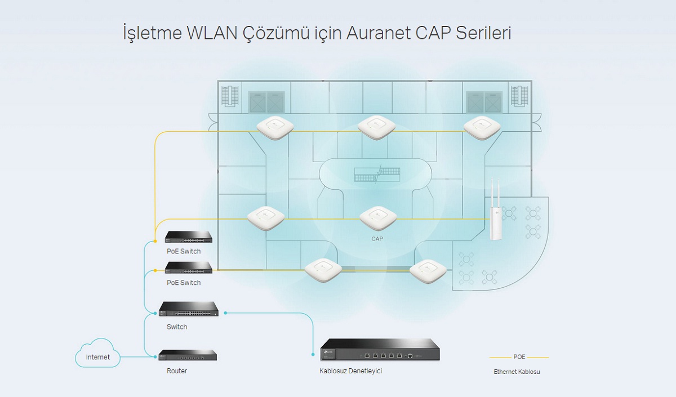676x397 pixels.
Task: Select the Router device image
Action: tap(188, 355)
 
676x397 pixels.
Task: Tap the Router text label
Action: tap(177, 371)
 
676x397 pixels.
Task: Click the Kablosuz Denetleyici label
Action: tap(350, 371)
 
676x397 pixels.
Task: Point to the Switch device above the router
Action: tap(189, 309)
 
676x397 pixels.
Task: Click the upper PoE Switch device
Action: tap(189, 237)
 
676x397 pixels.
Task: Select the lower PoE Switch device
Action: tap(189, 267)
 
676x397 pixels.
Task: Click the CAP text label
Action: tap(377, 239)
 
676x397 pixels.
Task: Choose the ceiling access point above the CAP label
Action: tap(379, 218)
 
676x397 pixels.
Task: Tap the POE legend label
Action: tap(519, 357)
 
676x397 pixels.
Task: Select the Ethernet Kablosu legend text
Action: tap(517, 372)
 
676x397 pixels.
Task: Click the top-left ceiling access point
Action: tap(275, 127)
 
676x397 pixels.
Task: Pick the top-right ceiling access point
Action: tap(482, 128)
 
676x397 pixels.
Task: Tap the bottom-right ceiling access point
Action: tap(428, 271)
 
